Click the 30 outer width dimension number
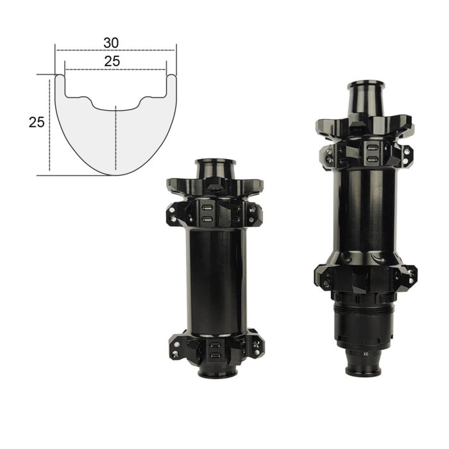tap(111, 43)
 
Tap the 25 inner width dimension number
tap(112, 62)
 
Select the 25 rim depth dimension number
tap(37, 123)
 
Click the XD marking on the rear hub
tap(366, 354)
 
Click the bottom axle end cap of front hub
tap(217, 373)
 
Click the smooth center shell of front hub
tap(216, 282)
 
